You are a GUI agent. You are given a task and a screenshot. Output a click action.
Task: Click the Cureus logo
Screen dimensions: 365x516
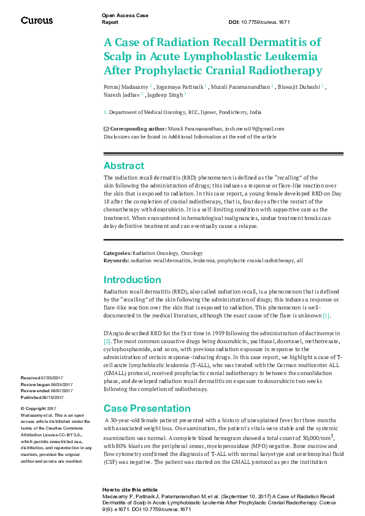tap(37, 21)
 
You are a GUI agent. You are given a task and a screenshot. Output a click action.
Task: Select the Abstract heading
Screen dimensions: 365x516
tap(124, 166)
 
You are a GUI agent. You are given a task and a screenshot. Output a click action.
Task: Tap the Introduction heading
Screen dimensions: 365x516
tap(132, 280)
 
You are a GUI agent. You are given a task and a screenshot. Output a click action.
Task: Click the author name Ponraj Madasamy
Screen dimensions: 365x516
tap(125, 86)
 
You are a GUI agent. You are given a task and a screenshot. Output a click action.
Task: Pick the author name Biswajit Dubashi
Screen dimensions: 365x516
tap(299, 86)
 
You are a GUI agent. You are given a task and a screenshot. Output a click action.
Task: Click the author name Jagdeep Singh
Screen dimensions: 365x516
tap(165, 95)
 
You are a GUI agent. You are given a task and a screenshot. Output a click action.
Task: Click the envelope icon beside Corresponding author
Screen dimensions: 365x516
tap(106, 129)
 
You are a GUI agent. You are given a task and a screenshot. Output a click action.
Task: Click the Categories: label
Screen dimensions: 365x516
tap(117, 253)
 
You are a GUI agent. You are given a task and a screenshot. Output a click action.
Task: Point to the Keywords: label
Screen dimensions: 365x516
tap(117, 260)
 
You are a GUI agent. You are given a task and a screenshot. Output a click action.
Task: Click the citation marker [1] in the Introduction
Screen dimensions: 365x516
tap(327, 316)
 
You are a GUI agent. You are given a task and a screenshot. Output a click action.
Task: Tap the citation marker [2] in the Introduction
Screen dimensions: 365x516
tap(107, 340)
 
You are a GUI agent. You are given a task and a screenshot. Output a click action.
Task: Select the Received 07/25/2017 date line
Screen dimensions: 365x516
tap(39, 378)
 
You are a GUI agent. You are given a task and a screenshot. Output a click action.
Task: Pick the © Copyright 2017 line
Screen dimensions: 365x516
tap(39, 409)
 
